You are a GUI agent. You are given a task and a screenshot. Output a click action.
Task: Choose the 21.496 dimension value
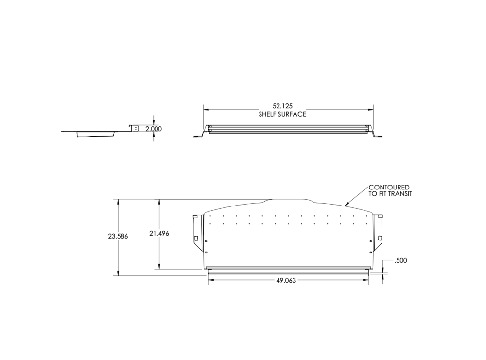tap(159, 234)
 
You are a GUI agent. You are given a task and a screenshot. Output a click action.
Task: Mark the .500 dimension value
tap(400, 261)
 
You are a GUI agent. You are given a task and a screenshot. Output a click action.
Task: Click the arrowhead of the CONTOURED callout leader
tap(345, 204)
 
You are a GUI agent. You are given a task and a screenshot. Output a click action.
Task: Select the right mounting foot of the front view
tap(378, 136)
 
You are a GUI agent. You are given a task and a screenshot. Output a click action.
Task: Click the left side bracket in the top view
tap(197, 232)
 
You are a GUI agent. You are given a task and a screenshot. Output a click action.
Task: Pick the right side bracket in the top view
tap(379, 232)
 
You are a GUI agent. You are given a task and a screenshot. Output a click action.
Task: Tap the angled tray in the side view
tap(96, 134)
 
